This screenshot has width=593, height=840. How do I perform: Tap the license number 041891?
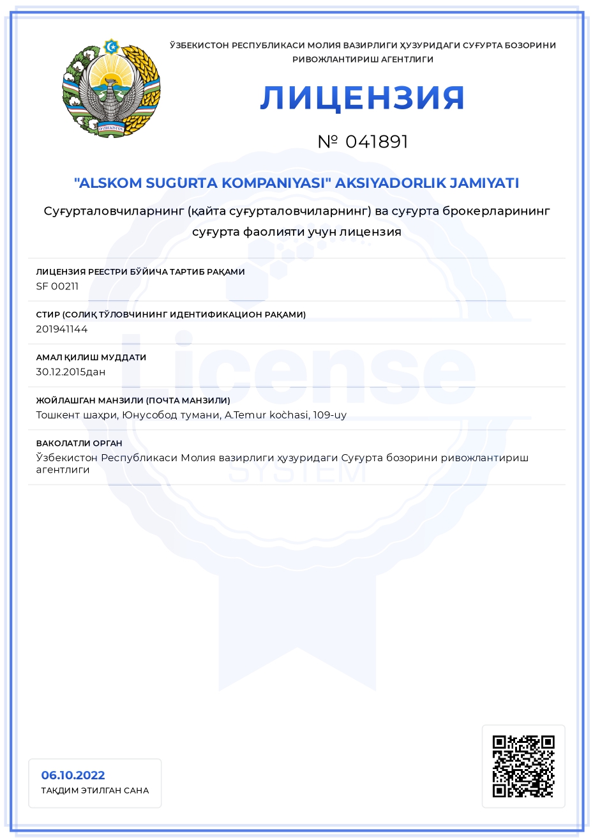[377, 142]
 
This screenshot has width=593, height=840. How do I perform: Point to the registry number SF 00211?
[57, 286]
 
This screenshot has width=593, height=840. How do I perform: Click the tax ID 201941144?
[62, 329]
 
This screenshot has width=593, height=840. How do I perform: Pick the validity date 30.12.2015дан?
[71, 372]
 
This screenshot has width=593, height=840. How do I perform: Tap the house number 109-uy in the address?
[330, 415]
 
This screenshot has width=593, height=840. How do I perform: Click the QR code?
[523, 766]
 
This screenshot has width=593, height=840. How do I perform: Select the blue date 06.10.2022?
[73, 775]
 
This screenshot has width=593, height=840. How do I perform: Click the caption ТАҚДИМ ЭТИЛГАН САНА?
[95, 791]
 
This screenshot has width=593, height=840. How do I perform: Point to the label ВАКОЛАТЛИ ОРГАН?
[79, 443]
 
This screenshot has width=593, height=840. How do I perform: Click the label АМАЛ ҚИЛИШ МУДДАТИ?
[91, 358]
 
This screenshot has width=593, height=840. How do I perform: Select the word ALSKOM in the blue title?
[108, 183]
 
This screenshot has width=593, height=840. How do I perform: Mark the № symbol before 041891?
[327, 142]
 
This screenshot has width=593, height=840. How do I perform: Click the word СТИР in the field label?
[48, 315]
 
